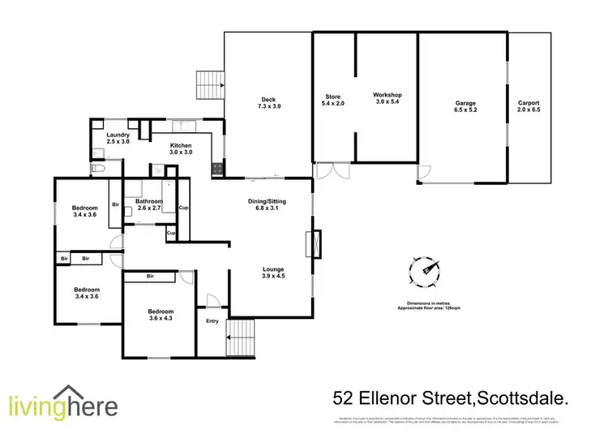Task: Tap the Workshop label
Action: coord(387,96)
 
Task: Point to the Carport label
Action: coord(529,103)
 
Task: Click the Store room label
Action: coord(333,97)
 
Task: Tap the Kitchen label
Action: coord(181,145)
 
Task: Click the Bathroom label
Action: coord(149,201)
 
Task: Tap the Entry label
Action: coord(212,321)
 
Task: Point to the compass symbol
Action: coord(425,269)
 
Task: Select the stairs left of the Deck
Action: coord(208,83)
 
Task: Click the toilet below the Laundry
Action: coord(97,168)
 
